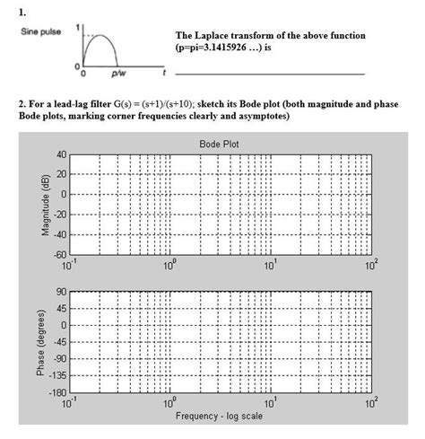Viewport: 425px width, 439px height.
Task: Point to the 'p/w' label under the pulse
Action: [117, 72]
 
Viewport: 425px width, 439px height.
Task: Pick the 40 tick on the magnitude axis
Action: [61, 154]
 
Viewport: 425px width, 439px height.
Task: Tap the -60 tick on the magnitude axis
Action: [59, 253]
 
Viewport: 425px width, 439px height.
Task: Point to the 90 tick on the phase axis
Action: [61, 293]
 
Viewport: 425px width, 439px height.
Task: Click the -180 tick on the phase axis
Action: [57, 392]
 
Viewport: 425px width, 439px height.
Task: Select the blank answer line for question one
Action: [269, 73]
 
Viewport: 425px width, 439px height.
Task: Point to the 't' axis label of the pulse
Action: [164, 70]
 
